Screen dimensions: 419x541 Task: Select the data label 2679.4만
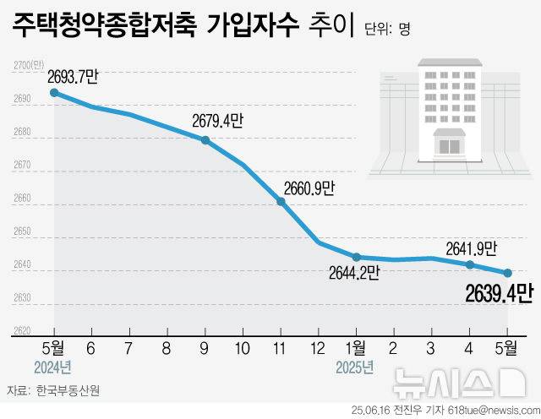[217, 122]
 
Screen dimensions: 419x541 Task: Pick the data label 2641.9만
[470, 248]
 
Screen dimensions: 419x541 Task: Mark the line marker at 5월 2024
[55, 93]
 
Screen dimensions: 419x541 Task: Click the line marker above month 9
[205, 140]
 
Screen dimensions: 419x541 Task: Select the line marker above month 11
[281, 201]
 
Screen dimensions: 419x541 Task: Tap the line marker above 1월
[356, 257]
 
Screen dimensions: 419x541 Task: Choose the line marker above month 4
[469, 264]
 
